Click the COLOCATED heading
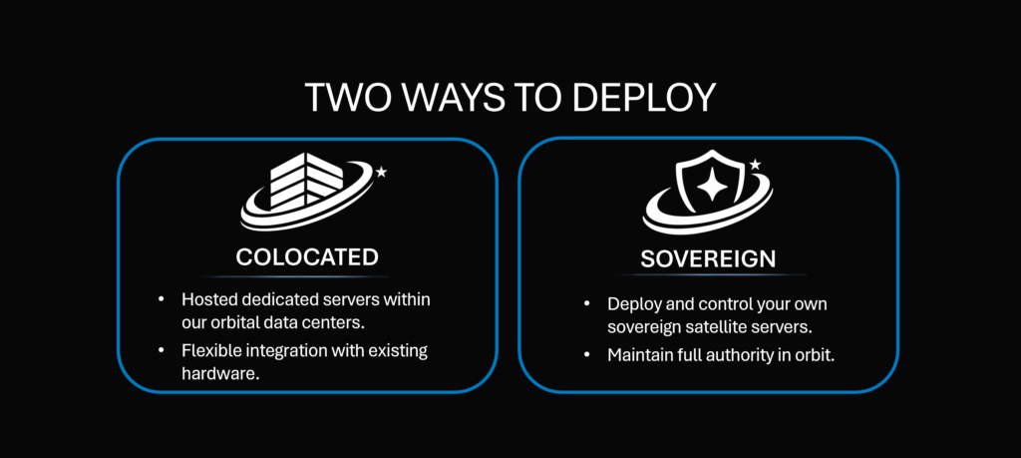(x=307, y=257)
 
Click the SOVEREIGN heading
(x=708, y=259)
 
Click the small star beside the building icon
(x=381, y=172)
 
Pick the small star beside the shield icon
(x=756, y=165)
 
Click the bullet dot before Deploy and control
(x=587, y=304)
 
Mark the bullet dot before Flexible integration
(x=162, y=350)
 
